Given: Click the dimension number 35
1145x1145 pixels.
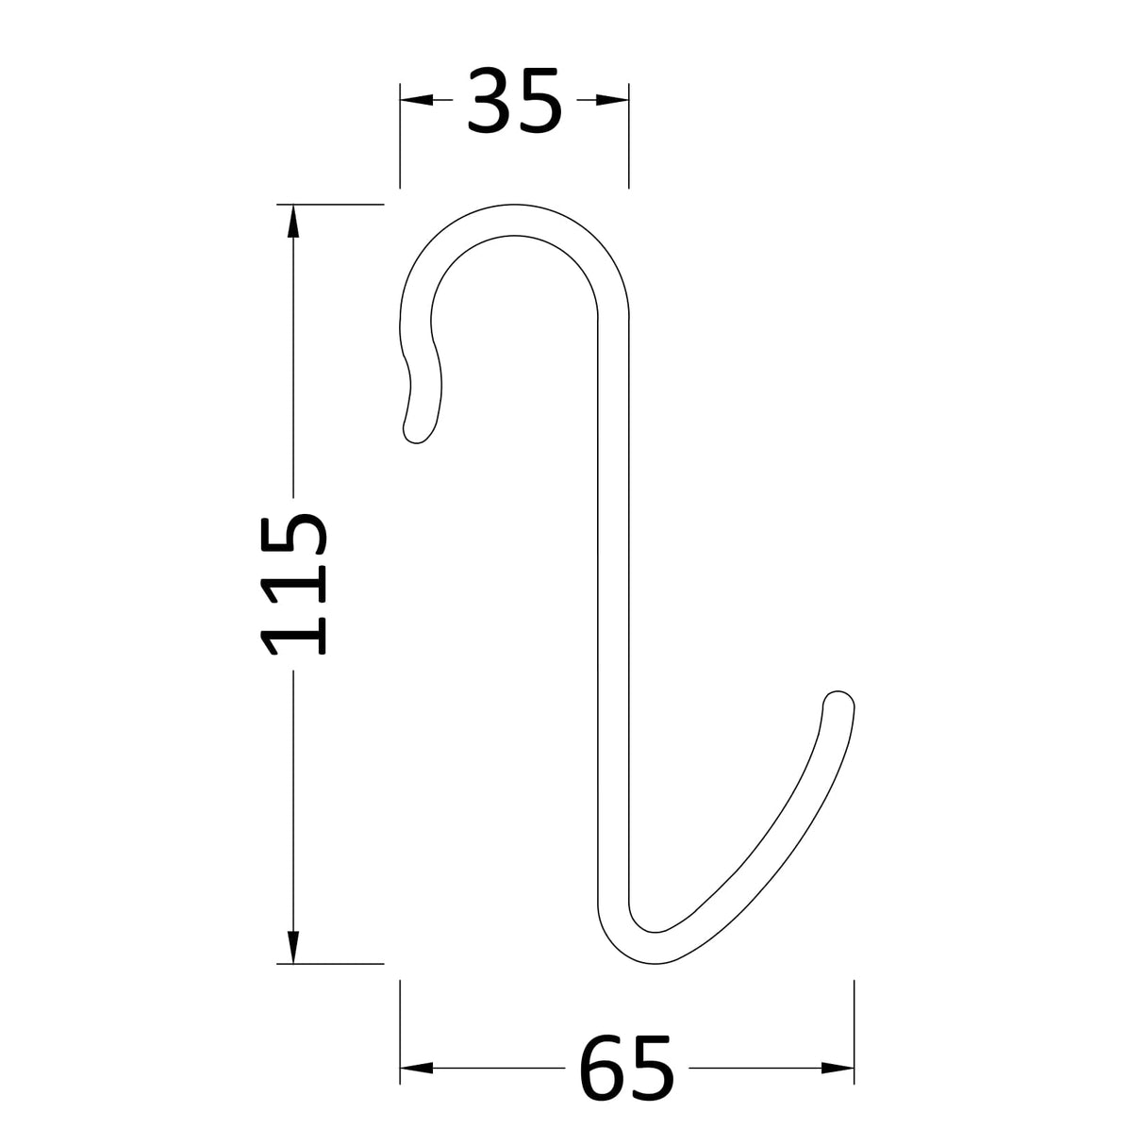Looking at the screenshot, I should pyautogui.click(x=514, y=100).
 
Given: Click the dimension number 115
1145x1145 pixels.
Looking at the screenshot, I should pyautogui.click(x=294, y=585).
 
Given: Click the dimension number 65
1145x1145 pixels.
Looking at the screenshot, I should pyautogui.click(x=627, y=1068).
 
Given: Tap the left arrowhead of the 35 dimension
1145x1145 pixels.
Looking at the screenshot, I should pyautogui.click(x=415, y=100).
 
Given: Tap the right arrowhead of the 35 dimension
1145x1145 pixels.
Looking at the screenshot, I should pyautogui.click(x=614, y=100).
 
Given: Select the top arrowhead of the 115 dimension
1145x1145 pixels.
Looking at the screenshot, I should pyautogui.click(x=293, y=221).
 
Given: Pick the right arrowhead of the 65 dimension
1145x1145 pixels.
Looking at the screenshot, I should pyautogui.click(x=838, y=1068).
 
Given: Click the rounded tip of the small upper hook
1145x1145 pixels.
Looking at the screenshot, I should pyautogui.click(x=415, y=431).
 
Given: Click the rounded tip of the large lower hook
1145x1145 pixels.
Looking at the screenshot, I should pyautogui.click(x=838, y=703).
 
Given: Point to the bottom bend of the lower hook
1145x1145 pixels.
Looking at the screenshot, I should pyautogui.click(x=651, y=949).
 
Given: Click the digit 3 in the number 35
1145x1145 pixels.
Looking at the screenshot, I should pyautogui.click(x=490, y=100).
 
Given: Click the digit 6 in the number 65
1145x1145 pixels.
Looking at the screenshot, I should pyautogui.click(x=603, y=1068).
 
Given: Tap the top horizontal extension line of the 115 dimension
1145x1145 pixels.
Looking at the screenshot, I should pyautogui.click(x=330, y=204).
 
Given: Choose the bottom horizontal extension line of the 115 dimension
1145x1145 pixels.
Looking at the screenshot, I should pyautogui.click(x=330, y=964).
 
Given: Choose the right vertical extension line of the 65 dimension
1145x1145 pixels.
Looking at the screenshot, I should pyautogui.click(x=854, y=1033).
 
